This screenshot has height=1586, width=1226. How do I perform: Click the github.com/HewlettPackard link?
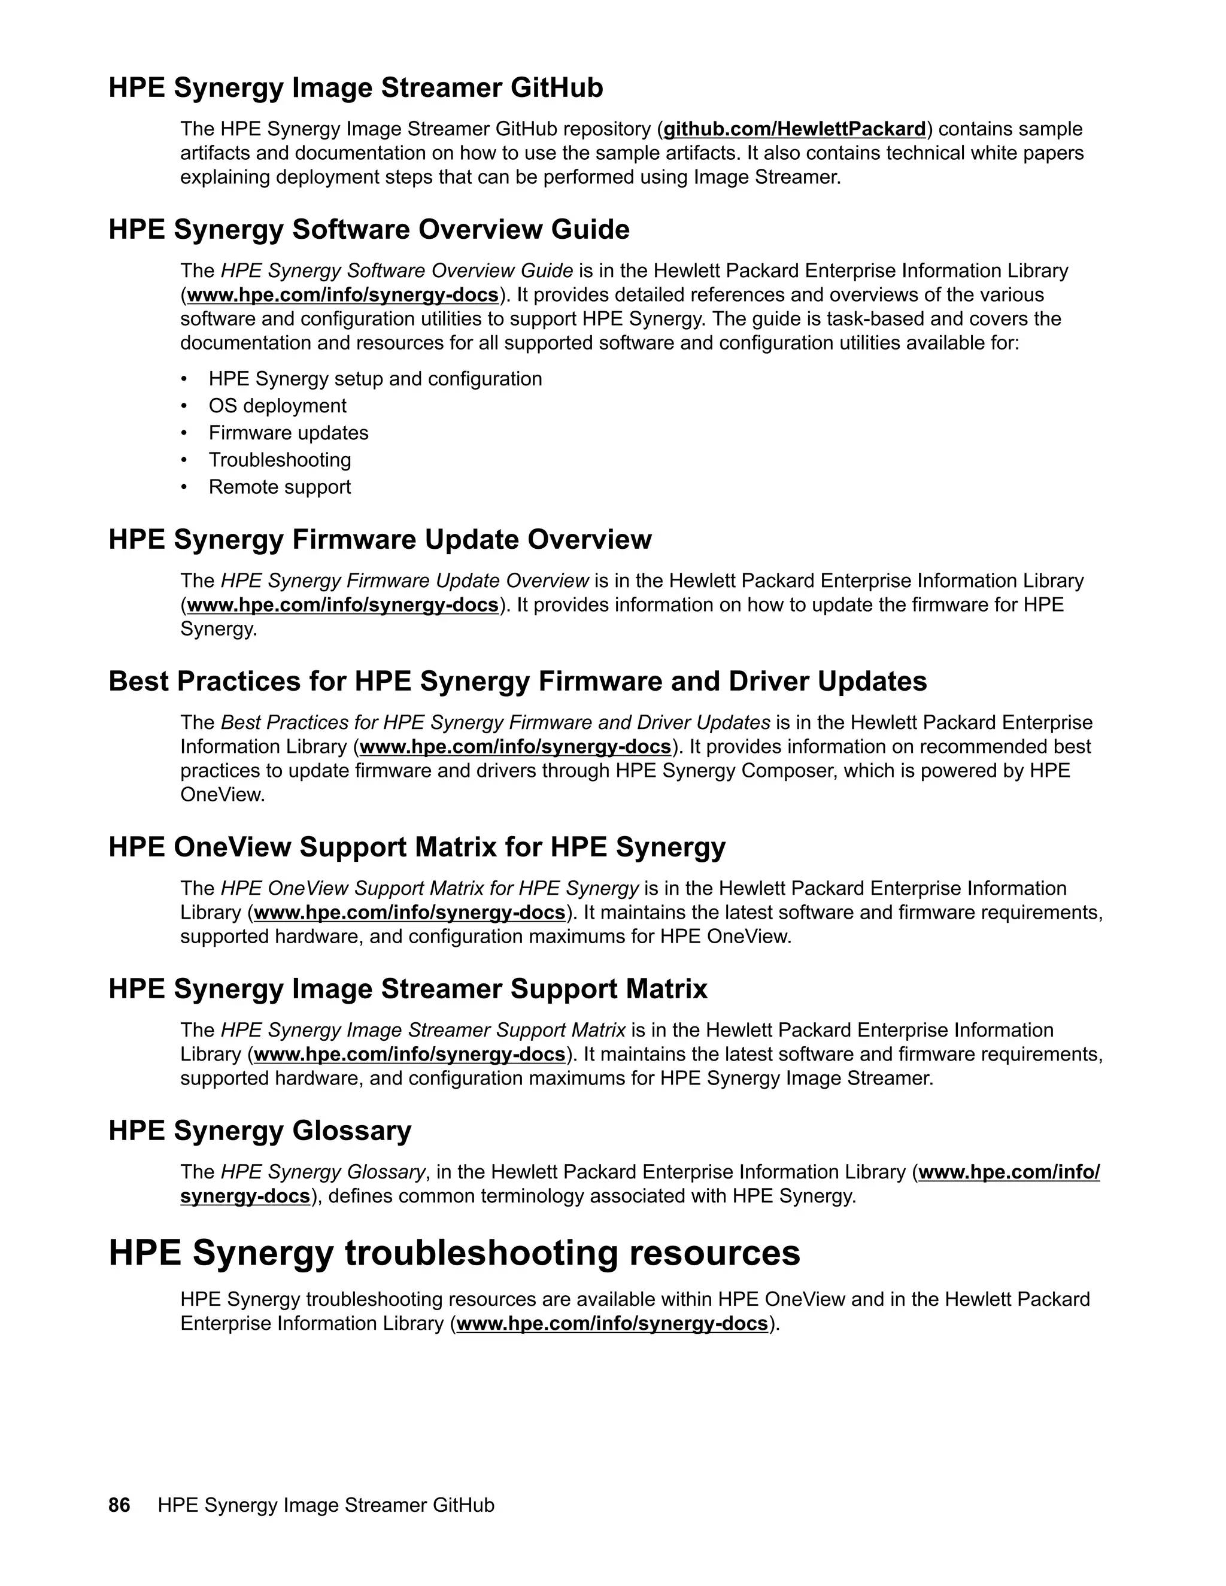click(794, 129)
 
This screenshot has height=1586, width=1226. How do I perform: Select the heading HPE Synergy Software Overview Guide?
click(368, 229)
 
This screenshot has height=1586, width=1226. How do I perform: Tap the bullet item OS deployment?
click(277, 406)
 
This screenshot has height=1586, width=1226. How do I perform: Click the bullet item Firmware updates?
click(289, 433)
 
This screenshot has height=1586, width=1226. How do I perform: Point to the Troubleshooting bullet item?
click(280, 460)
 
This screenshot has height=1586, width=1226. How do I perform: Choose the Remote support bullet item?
click(280, 487)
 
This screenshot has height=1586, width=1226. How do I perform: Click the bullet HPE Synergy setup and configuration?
click(375, 379)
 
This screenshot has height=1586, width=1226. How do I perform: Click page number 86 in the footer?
click(119, 1505)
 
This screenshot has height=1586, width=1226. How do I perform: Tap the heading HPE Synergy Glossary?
click(259, 1131)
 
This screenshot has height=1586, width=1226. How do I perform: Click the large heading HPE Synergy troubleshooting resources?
click(454, 1253)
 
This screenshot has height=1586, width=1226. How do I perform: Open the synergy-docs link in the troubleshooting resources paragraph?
click(612, 1323)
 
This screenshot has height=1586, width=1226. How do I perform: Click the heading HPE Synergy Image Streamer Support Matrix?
click(408, 989)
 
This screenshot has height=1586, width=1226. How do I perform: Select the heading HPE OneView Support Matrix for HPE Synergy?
click(416, 847)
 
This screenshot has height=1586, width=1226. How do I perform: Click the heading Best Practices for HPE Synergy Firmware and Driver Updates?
click(517, 681)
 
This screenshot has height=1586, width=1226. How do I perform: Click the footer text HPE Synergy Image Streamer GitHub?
click(326, 1505)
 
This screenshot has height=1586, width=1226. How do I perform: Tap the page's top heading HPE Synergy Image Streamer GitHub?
click(355, 88)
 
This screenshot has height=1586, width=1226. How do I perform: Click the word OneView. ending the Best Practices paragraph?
click(222, 794)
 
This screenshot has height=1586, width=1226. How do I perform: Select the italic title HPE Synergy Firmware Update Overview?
click(404, 581)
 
